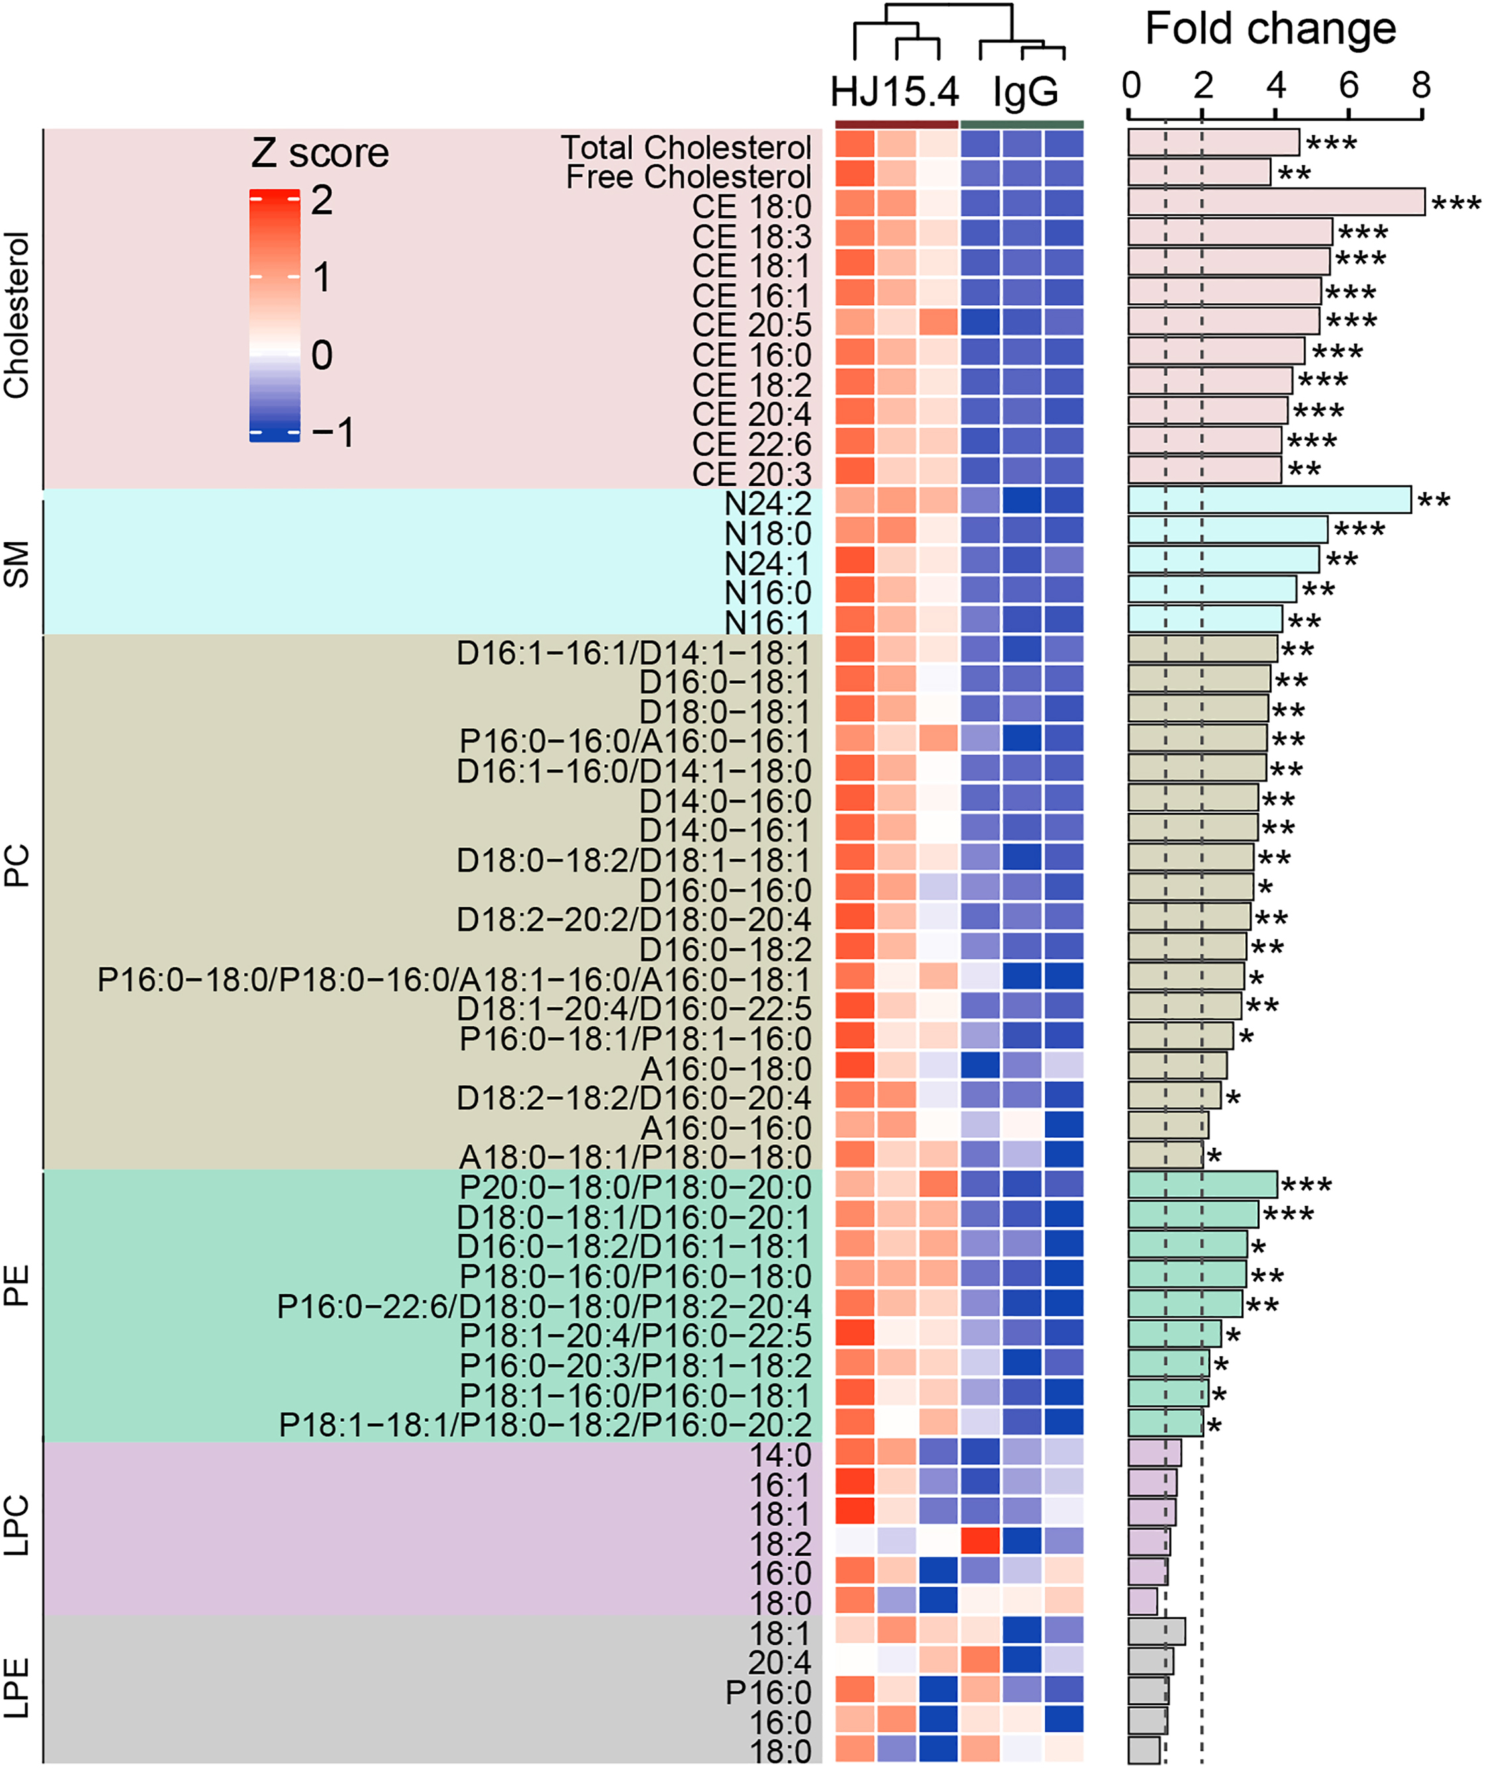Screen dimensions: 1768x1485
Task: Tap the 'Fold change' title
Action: [x=1270, y=30]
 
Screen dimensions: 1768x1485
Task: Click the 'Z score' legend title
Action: [x=320, y=153]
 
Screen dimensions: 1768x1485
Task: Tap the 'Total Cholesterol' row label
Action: [x=686, y=148]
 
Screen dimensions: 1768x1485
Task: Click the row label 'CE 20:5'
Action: [x=751, y=325]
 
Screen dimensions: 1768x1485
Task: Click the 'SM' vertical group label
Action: [x=17, y=563]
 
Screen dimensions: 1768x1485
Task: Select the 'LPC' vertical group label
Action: [x=17, y=1526]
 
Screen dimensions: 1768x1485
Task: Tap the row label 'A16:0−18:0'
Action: [x=725, y=1069]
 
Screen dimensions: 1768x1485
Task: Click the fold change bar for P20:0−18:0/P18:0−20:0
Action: [x=1202, y=1185]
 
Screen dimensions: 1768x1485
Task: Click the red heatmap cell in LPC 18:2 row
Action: [x=980, y=1540]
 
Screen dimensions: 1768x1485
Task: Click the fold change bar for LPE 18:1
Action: [x=1156, y=1631]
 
